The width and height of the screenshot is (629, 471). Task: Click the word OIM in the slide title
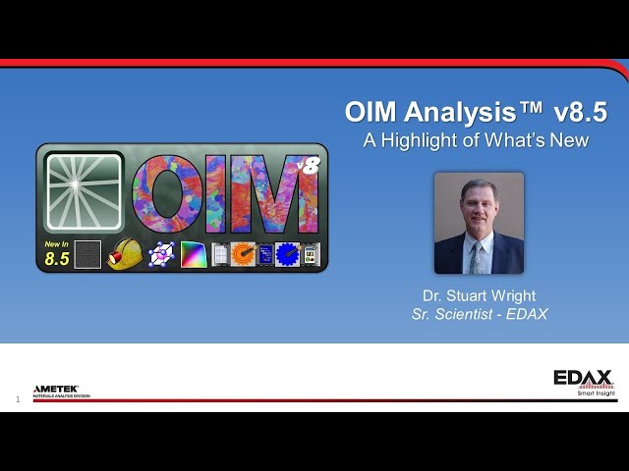371,112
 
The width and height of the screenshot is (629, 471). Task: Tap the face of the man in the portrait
479,203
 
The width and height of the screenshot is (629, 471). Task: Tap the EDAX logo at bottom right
583,379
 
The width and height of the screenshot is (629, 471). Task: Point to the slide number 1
18,399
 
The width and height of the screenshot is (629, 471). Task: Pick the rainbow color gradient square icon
193,255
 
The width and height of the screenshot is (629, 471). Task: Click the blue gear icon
286,255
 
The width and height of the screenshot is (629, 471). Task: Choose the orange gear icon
243,255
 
